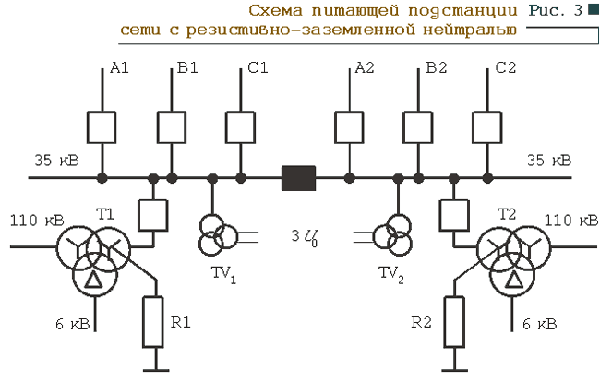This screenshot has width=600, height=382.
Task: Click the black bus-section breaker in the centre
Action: click(298, 178)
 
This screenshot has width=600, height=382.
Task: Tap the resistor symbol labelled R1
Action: click(153, 322)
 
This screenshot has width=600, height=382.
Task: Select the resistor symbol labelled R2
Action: click(454, 322)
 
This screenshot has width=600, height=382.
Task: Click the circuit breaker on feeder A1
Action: click(102, 127)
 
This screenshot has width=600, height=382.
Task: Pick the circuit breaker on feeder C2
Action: click(487, 127)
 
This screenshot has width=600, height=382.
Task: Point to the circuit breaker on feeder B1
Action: click(172, 127)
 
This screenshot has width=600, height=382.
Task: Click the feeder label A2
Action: click(365, 68)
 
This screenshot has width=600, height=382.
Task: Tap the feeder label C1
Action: click(258, 68)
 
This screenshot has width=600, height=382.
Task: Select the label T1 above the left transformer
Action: click(105, 214)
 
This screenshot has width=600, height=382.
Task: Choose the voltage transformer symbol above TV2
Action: click(392, 234)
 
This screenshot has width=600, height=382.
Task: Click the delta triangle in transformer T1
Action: click(94, 281)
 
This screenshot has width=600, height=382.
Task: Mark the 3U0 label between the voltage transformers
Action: click(305, 237)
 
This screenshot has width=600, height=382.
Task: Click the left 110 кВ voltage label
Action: click(37, 221)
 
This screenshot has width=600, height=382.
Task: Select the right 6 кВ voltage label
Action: click(540, 324)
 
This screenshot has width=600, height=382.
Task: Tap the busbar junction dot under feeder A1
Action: click(102, 178)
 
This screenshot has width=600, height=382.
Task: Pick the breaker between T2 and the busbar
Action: click(454, 216)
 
